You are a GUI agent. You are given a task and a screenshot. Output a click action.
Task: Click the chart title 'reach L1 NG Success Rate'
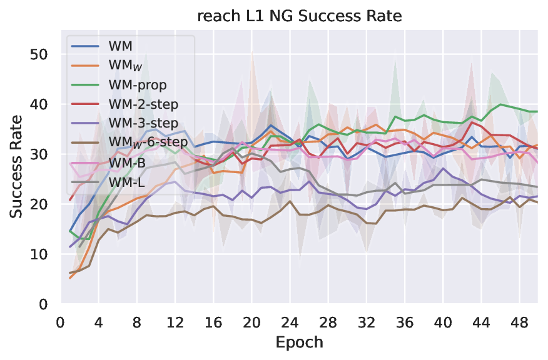298,17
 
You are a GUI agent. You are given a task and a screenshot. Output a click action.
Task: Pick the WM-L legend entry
128,181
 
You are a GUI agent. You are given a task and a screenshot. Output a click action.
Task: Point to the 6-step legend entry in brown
148,142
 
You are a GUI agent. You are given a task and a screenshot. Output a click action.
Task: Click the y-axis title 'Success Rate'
17,167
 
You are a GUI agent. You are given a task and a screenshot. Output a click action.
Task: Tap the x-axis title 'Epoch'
298,342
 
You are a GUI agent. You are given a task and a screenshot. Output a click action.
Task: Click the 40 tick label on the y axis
39,104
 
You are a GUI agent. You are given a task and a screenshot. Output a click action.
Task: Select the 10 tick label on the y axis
39,254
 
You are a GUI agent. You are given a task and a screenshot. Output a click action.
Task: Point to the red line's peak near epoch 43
471,122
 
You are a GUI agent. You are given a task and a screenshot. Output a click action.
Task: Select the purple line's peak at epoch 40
443,169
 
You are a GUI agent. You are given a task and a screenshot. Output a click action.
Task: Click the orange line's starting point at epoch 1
70,277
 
